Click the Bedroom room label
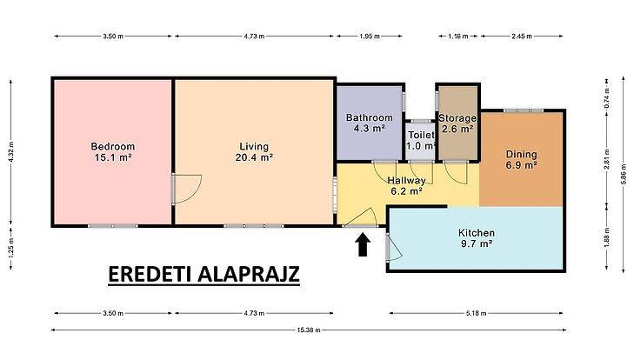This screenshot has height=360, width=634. point(112,146)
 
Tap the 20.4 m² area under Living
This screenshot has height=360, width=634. point(254,157)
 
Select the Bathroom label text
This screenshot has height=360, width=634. point(369,117)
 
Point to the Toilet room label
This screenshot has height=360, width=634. point(421,135)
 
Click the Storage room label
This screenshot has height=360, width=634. point(457,118)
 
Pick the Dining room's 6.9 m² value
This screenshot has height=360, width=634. point(521,165)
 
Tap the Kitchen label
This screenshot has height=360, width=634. point(477,233)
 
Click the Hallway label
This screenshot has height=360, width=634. point(406,180)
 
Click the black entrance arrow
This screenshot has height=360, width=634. point(363,244)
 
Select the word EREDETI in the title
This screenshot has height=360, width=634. point(150,274)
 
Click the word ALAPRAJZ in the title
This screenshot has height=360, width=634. point(248,274)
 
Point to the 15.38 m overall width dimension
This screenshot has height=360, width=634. point(309,330)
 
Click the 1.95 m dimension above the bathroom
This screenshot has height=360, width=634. point(369,36)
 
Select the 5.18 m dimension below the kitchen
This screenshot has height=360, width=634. point(477,313)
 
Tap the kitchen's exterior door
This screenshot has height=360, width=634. point(393,248)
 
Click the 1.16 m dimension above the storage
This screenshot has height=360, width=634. point(458,36)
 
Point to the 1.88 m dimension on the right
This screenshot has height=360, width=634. point(607,237)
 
